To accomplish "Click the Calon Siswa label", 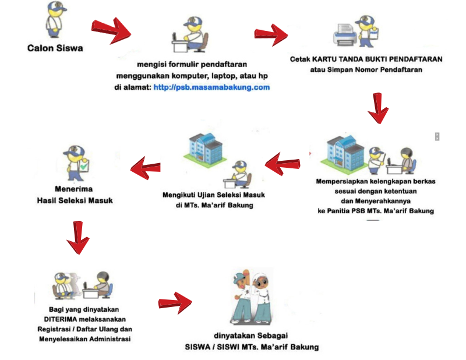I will coord(55,48).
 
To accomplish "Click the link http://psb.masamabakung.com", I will coord(211,87).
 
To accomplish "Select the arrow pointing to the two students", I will coord(175,302).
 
